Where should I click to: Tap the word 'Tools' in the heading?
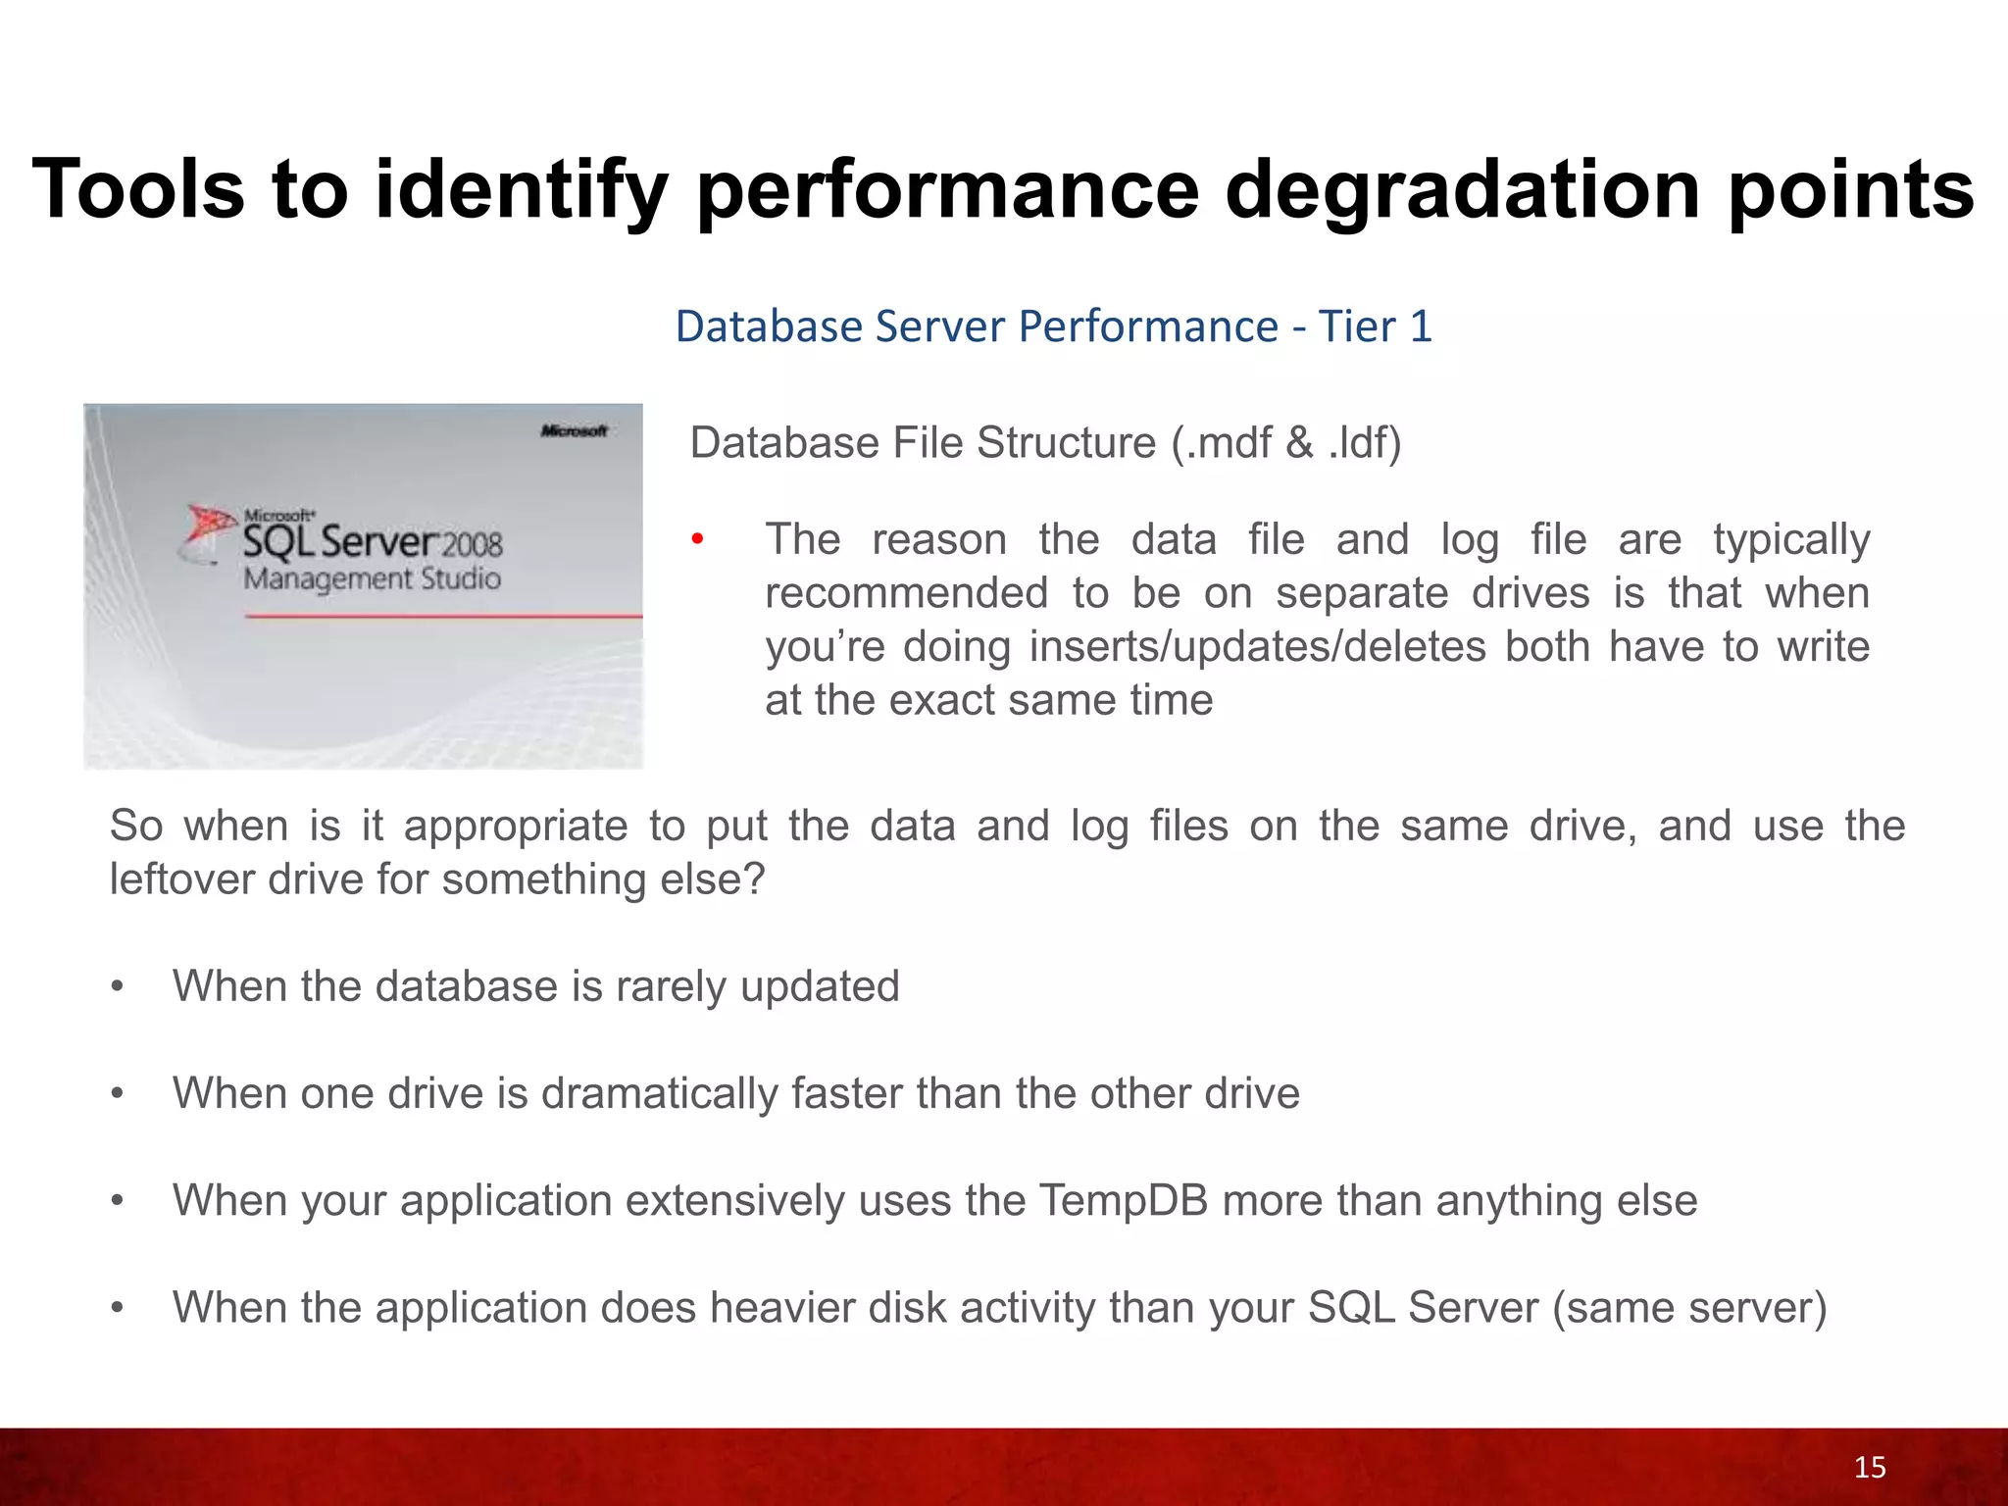pyautogui.click(x=138, y=189)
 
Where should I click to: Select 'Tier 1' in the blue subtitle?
pyautogui.click(x=1375, y=326)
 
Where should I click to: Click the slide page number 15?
pyautogui.click(x=1870, y=1468)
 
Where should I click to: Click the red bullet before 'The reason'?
pyautogui.click(x=697, y=539)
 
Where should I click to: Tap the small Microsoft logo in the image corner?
pyautogui.click(x=574, y=430)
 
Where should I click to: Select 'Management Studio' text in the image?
pyautogui.click(x=372, y=578)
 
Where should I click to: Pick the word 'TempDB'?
pyautogui.click(x=1123, y=1201)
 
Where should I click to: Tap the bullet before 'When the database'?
pyautogui.click(x=118, y=986)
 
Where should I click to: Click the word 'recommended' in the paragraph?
pyautogui.click(x=906, y=593)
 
